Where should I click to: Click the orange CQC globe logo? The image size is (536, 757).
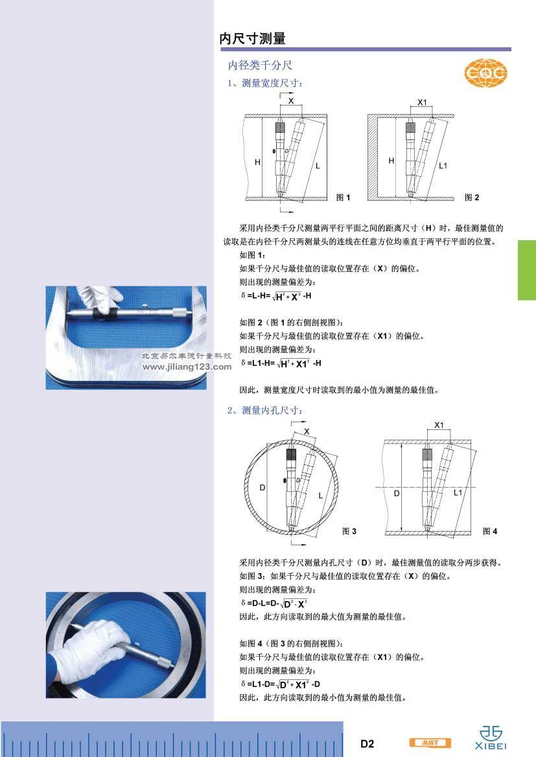point(485,73)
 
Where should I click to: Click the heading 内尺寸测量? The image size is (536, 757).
point(252,39)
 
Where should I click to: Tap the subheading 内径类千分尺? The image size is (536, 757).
point(260,65)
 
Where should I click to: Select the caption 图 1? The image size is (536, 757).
point(343,198)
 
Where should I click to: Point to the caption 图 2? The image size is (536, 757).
point(472,198)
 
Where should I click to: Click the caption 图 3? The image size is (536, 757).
point(349,531)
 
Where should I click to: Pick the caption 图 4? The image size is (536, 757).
point(490,531)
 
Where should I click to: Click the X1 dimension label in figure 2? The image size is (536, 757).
point(423,102)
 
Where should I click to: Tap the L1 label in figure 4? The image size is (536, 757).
point(458,492)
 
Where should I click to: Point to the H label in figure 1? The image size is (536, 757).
point(257,163)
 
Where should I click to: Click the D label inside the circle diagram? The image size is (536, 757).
point(262,488)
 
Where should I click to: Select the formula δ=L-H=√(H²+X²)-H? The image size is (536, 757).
point(276,296)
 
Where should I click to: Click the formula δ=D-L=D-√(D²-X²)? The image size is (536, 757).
point(274,603)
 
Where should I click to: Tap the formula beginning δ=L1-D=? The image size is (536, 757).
point(281,684)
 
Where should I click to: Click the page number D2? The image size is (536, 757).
point(367,744)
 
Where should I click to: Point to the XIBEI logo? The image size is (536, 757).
point(491,738)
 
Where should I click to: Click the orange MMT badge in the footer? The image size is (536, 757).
point(430,743)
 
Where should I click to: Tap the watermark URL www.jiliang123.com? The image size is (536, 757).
point(187,367)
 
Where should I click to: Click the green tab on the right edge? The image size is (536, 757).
point(527,271)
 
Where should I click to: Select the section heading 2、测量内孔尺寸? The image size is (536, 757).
point(265,411)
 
